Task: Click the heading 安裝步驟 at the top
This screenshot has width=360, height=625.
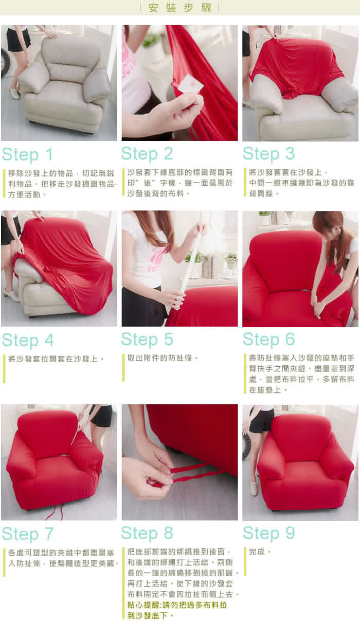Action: coord(179,8)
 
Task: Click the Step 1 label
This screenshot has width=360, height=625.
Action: coord(27,155)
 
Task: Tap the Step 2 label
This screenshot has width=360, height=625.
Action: coord(147,154)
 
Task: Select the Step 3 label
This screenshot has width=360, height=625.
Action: coord(268,154)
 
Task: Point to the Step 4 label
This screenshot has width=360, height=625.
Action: coord(28,341)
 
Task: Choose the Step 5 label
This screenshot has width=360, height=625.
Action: coord(147,340)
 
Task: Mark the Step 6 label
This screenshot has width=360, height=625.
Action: coord(268,340)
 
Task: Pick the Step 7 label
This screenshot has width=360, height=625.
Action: coord(28,534)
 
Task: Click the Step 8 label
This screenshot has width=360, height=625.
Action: coord(147,533)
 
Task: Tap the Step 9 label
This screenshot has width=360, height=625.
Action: coord(268,533)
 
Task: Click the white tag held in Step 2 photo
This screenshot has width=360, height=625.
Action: coord(191,84)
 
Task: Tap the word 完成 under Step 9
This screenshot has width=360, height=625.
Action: coord(257,551)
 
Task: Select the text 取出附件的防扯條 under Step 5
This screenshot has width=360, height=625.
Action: coord(160,358)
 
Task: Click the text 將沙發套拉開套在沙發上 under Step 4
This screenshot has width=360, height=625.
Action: coord(53,359)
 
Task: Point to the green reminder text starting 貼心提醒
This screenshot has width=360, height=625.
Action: coord(177,610)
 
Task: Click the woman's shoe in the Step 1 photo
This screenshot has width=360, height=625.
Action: coord(14,93)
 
